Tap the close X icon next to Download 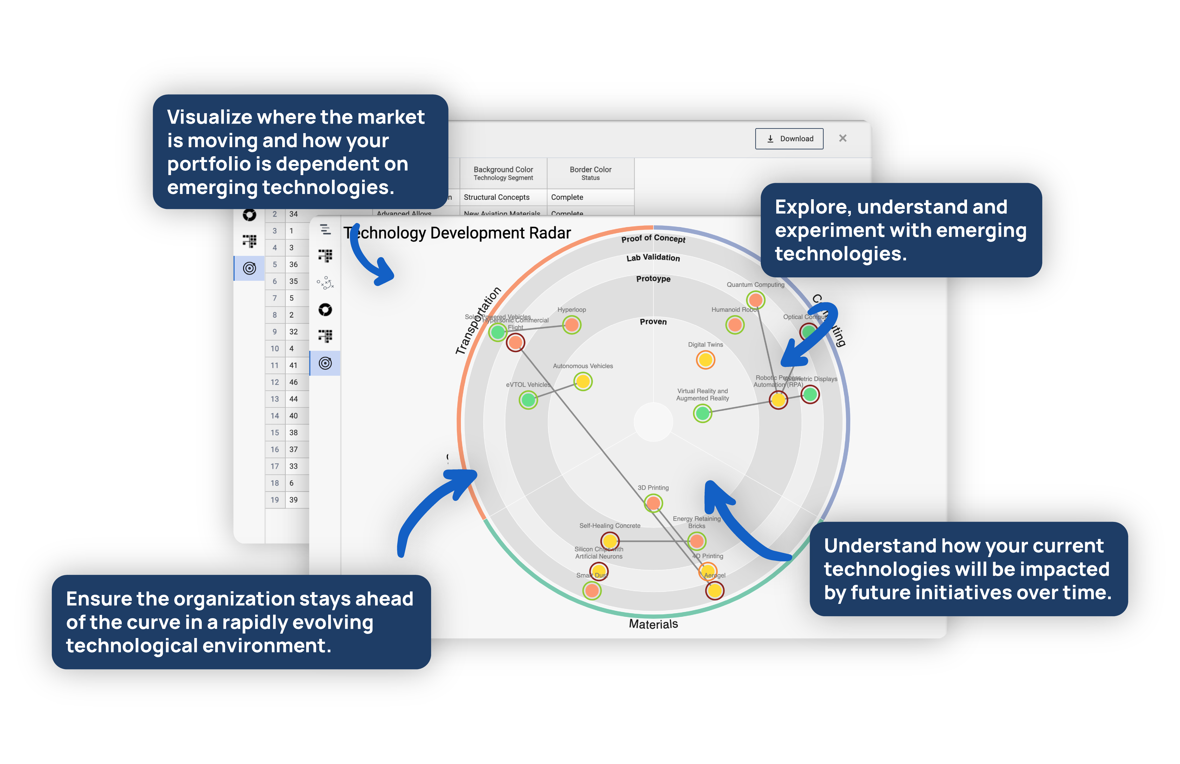[x=842, y=138]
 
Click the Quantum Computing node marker [x=755, y=300]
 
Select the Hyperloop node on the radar [x=572, y=325]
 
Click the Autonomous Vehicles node [x=583, y=381]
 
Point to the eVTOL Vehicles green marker [x=528, y=400]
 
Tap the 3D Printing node [x=653, y=503]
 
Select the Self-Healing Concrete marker [x=610, y=541]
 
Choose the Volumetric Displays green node [x=810, y=394]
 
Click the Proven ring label [x=653, y=322]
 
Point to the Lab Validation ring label [x=653, y=258]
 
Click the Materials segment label [x=653, y=624]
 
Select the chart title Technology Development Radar [x=457, y=233]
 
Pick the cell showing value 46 [x=294, y=382]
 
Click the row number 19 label [x=275, y=500]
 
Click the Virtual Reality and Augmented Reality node [x=702, y=413]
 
